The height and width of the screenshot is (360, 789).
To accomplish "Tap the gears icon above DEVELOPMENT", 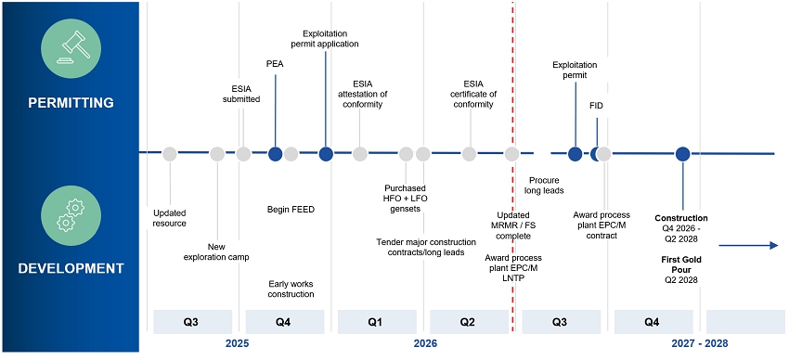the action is click(71, 216).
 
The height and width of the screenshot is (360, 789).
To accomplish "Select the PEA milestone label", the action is click(275, 64).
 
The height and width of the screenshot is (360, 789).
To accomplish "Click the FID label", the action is click(596, 106).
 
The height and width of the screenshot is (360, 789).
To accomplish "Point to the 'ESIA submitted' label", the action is click(241, 94).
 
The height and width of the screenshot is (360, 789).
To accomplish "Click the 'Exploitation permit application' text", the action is click(326, 39).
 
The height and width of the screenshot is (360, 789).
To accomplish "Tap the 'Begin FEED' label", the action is click(291, 210).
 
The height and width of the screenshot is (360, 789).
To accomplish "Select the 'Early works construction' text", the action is click(291, 289).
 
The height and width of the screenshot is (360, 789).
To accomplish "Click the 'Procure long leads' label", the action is click(544, 186).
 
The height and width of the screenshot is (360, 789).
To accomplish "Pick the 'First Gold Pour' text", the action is click(681, 264).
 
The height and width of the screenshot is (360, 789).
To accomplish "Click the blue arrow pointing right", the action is click(748, 245).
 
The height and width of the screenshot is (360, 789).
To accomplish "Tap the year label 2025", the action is click(238, 344).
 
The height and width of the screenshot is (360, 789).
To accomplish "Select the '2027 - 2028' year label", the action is click(700, 344).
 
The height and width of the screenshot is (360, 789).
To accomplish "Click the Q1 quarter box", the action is click(376, 322).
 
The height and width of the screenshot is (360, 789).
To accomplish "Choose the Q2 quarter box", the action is click(469, 322).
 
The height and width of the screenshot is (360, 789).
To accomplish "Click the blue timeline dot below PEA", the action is click(276, 154).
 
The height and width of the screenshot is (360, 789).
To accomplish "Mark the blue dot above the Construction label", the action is click(683, 154).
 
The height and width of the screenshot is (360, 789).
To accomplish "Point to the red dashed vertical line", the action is click(512, 166).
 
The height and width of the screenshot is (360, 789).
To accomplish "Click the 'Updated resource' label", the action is click(170, 219).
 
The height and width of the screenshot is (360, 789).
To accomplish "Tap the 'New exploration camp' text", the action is click(216, 251).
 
